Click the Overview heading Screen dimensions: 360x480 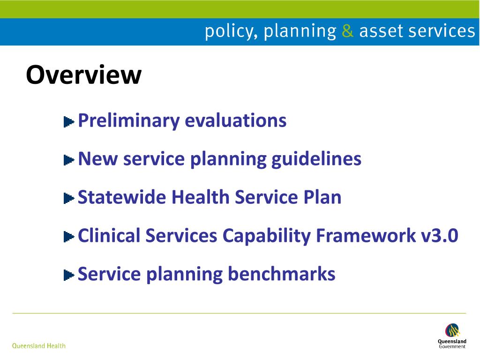tap(83, 75)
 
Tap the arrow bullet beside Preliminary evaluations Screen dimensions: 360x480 tap(69, 122)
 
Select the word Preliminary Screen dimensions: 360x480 tap(129, 121)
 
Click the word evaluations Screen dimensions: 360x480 tap(235, 121)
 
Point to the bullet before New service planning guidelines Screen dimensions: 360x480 tap(69, 160)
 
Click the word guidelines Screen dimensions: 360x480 tap(316, 159)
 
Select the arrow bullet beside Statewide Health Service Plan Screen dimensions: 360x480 tap(69, 199)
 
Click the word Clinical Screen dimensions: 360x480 tap(109, 236)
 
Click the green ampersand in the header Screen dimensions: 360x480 tap(347, 31)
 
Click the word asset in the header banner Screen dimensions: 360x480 tap(381, 31)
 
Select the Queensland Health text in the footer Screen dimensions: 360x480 tap(39, 346)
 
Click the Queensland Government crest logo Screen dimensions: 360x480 tap(452, 331)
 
